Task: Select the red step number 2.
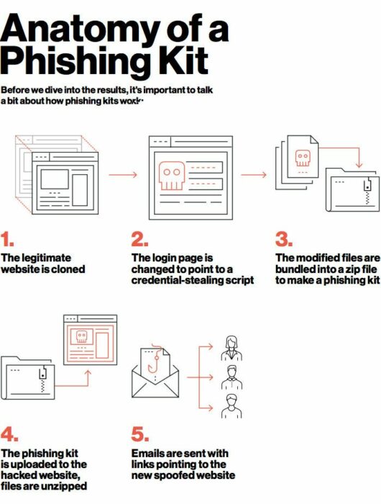139,240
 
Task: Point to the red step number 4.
9,435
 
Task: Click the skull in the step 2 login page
171,176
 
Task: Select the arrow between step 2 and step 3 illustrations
253,174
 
